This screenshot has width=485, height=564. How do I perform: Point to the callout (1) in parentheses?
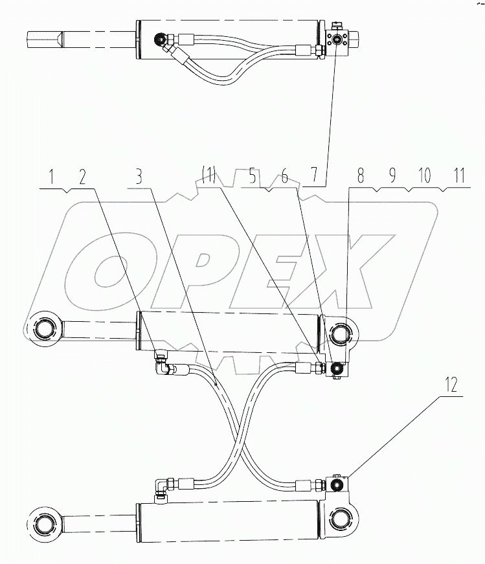pyautogui.click(x=209, y=177)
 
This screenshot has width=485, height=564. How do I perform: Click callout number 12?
pyautogui.click(x=451, y=386)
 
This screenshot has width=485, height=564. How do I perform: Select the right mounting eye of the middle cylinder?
pyautogui.click(x=341, y=335)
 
